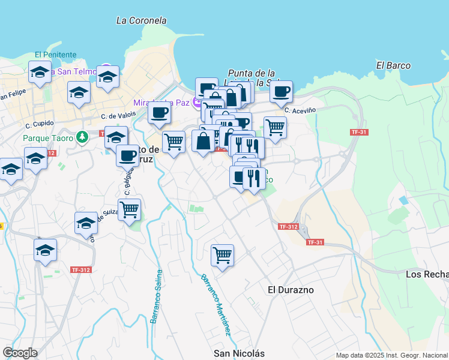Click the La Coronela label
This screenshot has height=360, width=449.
[x=141, y=20]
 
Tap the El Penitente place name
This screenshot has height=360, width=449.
[x=55, y=54]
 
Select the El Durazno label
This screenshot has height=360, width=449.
[x=291, y=289]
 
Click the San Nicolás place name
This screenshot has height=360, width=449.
[x=239, y=353]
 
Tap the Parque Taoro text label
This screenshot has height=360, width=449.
[x=48, y=138]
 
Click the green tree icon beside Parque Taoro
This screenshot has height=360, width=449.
[x=82, y=137]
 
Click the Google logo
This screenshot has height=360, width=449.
[x=20, y=353]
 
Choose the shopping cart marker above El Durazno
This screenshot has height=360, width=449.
[x=222, y=255]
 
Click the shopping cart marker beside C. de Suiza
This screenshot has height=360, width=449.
[x=129, y=209]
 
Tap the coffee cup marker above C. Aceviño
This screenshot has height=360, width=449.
[x=281, y=91]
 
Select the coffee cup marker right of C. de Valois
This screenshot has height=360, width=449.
[x=159, y=112]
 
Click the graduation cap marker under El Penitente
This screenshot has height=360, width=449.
[x=40, y=73]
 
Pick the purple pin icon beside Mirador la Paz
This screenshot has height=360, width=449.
[x=196, y=103]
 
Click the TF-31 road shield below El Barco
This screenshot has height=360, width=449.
[x=359, y=132]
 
